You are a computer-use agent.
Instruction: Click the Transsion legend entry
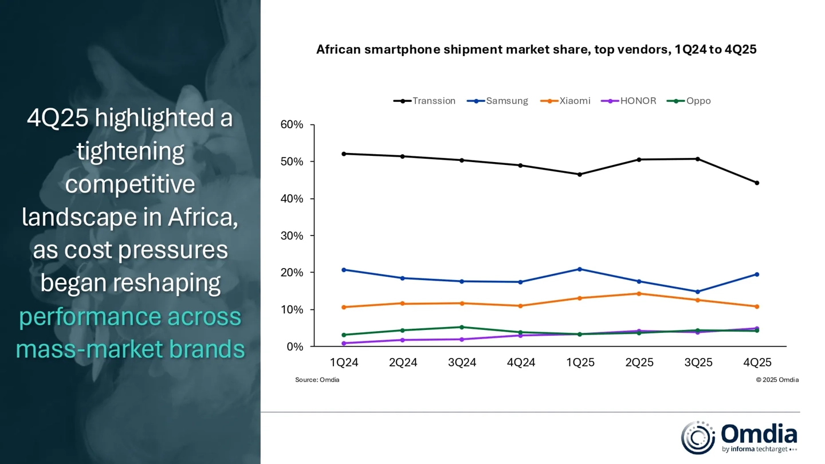[425, 101]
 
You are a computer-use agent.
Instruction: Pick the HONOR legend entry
[628, 101]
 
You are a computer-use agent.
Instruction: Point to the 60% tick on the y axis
[291, 125]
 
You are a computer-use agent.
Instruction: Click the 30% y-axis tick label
[291, 236]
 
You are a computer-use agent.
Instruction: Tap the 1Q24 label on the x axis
[344, 363]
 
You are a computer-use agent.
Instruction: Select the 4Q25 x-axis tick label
[757, 363]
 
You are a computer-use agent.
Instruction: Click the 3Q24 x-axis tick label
[462, 363]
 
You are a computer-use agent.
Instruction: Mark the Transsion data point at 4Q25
[757, 183]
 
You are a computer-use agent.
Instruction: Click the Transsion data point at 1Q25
[580, 174]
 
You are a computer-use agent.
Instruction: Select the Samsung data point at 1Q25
[580, 269]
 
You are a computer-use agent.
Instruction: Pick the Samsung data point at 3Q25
[698, 292]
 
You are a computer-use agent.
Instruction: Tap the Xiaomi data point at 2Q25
[639, 293]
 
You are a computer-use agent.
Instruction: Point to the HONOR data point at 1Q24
[344, 343]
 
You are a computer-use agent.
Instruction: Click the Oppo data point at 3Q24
[462, 327]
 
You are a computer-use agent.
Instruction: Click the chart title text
[536, 50]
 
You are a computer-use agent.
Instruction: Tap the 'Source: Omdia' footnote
[317, 380]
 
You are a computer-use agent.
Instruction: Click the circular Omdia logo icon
[698, 438]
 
